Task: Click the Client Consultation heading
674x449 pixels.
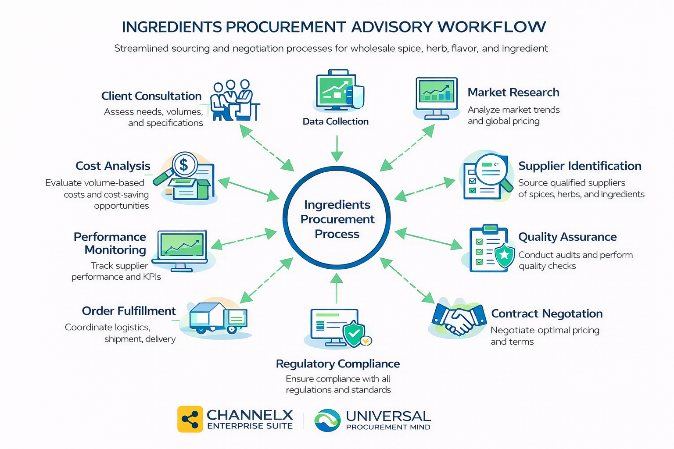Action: point(151,96)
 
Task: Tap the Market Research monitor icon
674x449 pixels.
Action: point(436,98)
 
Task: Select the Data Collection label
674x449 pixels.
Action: point(336,121)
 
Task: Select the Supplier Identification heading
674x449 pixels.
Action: point(580,166)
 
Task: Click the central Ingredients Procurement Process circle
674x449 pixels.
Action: point(337,219)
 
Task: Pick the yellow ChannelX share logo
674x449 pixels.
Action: point(190,419)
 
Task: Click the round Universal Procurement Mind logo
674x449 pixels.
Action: point(327,420)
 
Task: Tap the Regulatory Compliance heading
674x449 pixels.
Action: point(337,363)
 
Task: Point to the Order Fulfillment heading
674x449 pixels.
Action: point(129,311)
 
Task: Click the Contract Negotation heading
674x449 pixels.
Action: point(547,314)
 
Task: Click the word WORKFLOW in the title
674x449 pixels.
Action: point(492,27)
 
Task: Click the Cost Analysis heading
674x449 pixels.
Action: point(113,166)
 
